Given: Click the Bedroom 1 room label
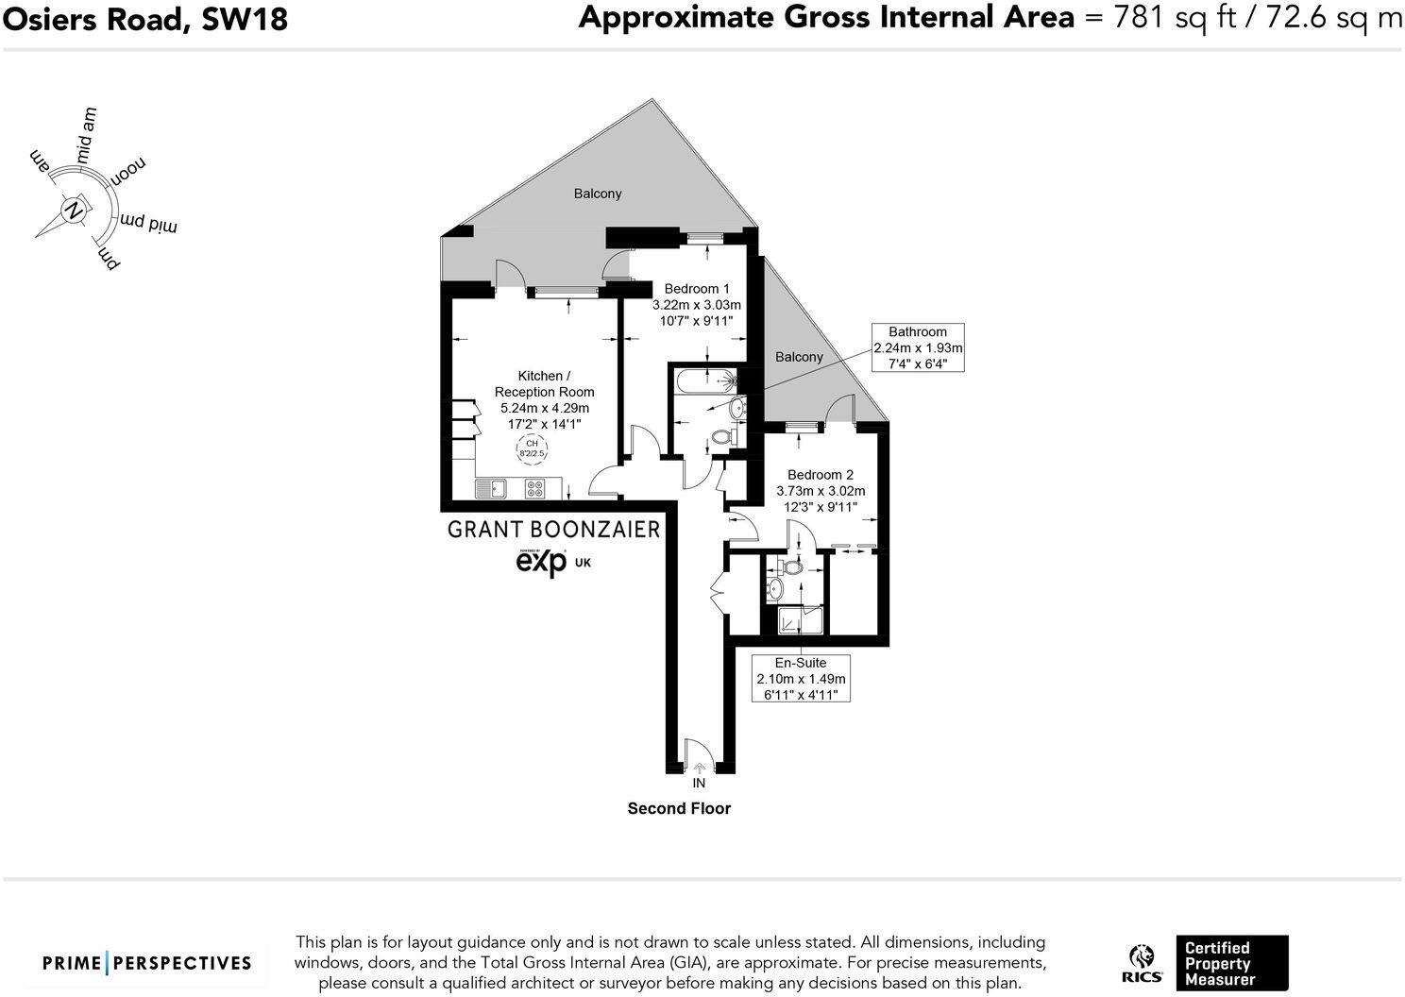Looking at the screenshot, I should (x=696, y=289).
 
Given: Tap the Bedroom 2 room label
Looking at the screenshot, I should (x=820, y=475).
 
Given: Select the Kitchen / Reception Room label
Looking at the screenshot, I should (x=544, y=383).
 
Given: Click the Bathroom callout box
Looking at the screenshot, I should (x=917, y=347).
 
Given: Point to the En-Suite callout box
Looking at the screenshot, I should (x=800, y=678).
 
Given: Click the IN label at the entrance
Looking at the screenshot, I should (x=699, y=783).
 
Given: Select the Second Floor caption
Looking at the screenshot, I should (x=679, y=808).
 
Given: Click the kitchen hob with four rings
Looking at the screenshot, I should (x=535, y=488).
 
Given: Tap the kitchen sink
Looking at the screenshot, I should (x=492, y=488).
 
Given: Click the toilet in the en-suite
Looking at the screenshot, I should (x=787, y=568).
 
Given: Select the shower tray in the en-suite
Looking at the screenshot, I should (x=800, y=621).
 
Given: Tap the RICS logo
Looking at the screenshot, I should (x=1142, y=964).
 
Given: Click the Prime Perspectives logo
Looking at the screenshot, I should (x=147, y=963).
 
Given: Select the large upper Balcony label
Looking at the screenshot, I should (x=598, y=194).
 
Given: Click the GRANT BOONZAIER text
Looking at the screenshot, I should (x=553, y=529).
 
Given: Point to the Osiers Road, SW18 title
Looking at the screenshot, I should (x=144, y=18).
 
